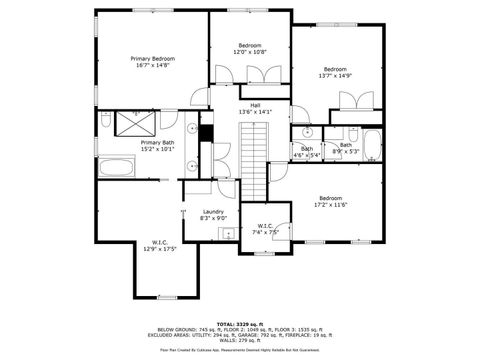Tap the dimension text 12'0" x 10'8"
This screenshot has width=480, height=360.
click(250, 52)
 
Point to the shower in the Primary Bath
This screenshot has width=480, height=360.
click(133, 123)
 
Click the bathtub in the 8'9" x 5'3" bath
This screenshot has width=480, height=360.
click(372, 146)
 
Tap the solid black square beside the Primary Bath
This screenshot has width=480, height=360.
click(207, 130)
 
